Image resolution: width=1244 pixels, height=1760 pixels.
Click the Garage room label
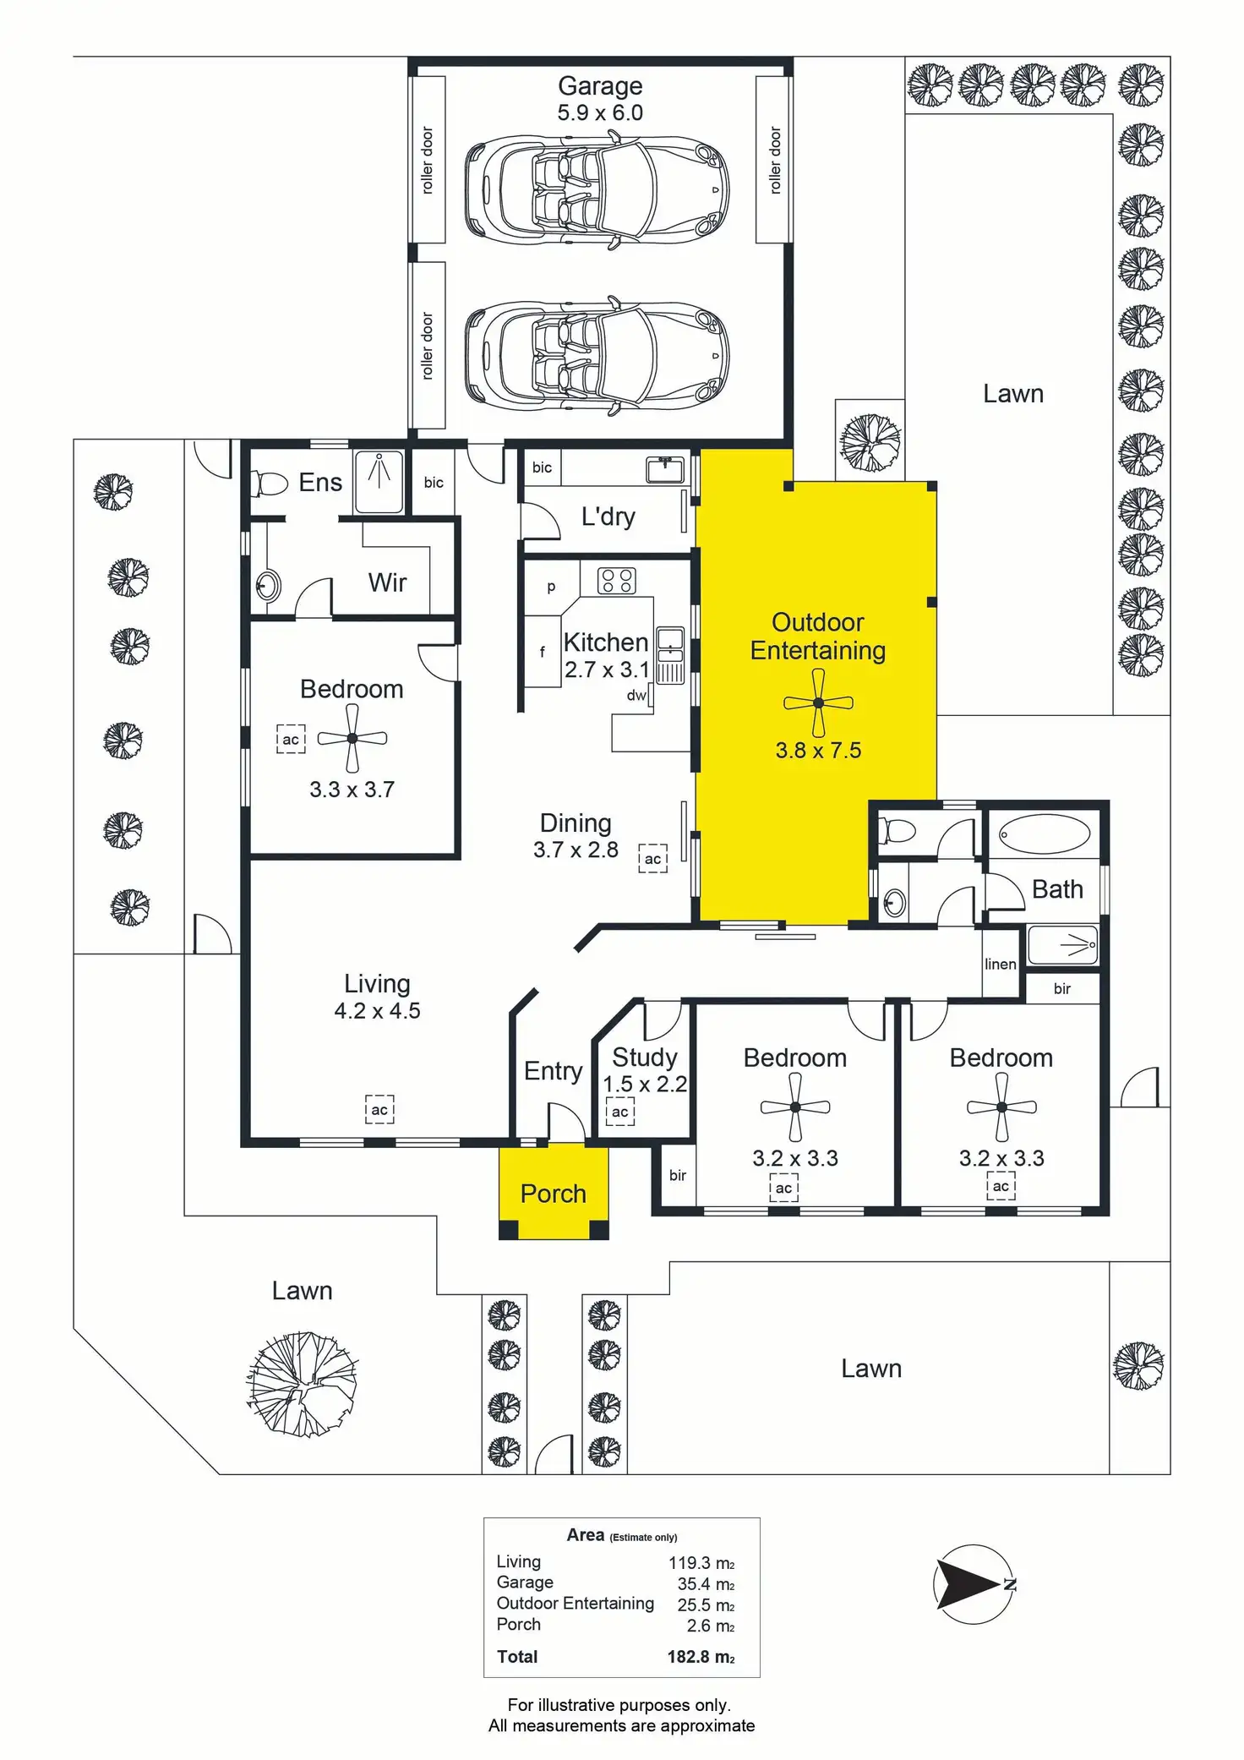(x=600, y=86)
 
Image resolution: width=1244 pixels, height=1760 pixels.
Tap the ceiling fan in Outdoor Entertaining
(x=818, y=702)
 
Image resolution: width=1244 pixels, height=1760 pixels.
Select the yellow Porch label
(x=554, y=1194)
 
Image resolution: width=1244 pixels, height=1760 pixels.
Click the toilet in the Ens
(x=270, y=484)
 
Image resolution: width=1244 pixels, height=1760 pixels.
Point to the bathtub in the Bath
(x=1044, y=834)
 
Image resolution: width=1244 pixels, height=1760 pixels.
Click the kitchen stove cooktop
(x=616, y=581)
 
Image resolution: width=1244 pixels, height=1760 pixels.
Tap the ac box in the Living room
(x=379, y=1110)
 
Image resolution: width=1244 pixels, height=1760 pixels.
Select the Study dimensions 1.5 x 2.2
(x=645, y=1084)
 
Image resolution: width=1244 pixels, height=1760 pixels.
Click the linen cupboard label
(x=1000, y=964)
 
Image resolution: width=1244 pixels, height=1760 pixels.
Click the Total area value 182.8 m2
(x=701, y=1657)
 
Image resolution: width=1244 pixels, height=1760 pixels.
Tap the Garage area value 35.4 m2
(x=706, y=1584)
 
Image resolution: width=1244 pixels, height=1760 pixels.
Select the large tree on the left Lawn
(x=302, y=1384)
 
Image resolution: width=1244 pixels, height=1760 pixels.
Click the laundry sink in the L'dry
(x=664, y=469)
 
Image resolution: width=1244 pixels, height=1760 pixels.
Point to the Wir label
(x=387, y=582)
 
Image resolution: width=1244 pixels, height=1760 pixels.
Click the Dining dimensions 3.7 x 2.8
(x=576, y=850)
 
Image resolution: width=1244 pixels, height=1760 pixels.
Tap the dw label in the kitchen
(x=636, y=695)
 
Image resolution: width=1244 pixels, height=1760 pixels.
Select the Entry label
(x=553, y=1071)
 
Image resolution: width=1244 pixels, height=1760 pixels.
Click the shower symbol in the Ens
(x=379, y=482)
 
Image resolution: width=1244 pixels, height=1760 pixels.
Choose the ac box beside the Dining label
(x=652, y=859)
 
